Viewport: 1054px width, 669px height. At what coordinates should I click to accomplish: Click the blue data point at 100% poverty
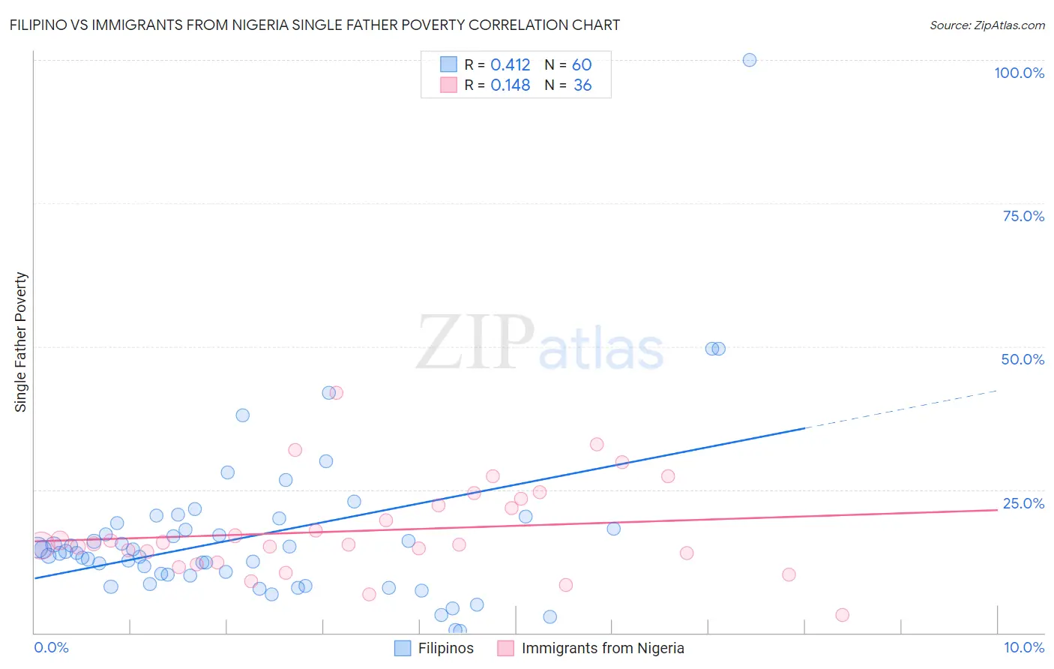click(x=749, y=60)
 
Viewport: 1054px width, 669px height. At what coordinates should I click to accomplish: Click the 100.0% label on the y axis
click(x=1019, y=73)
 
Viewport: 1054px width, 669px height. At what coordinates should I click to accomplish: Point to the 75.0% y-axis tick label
click(x=1023, y=216)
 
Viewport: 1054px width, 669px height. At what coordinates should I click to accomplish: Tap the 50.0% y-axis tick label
click(x=1023, y=359)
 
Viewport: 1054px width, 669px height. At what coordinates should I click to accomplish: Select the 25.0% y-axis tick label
click(x=1023, y=503)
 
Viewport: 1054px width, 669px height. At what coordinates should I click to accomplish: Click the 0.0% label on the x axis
click(x=51, y=647)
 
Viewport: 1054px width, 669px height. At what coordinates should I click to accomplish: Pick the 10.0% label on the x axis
click(x=1023, y=647)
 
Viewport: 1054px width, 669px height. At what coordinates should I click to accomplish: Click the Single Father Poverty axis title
click(x=21, y=342)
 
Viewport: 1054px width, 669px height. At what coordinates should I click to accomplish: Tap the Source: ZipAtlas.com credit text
click(x=987, y=25)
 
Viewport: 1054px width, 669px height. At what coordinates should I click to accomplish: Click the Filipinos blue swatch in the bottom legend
click(x=403, y=648)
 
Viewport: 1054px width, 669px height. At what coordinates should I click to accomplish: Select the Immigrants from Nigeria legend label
click(x=603, y=648)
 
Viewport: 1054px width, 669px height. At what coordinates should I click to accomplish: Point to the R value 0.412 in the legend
click(x=510, y=65)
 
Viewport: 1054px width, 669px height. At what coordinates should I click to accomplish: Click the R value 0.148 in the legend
click(x=510, y=85)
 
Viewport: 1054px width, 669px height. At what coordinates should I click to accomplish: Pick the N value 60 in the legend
click(x=582, y=65)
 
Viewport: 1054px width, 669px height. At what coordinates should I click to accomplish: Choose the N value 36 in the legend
click(x=582, y=85)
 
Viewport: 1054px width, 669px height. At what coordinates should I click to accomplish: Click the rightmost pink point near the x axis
click(x=842, y=615)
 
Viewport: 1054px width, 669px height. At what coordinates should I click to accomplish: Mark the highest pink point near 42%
click(x=336, y=393)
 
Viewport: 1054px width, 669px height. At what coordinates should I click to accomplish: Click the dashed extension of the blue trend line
click(x=900, y=409)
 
